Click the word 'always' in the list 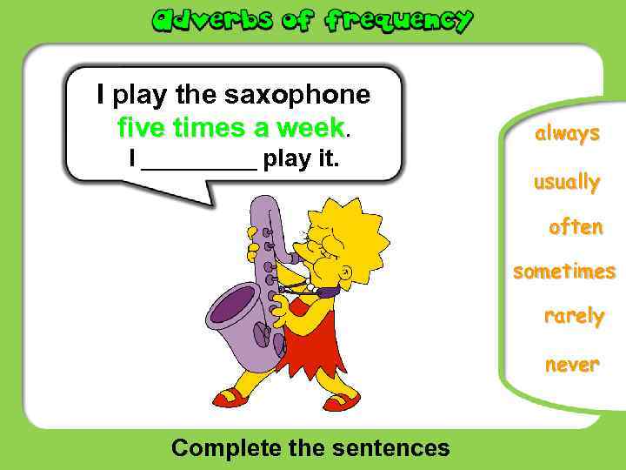point(567,134)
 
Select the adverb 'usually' point(567,183)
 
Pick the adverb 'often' point(576,227)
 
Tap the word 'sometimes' point(564,272)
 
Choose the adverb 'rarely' point(574,315)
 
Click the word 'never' point(572,365)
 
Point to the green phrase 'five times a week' point(231,128)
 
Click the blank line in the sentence point(198,162)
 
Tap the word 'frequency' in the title point(399,20)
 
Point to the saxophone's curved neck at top point(265,209)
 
